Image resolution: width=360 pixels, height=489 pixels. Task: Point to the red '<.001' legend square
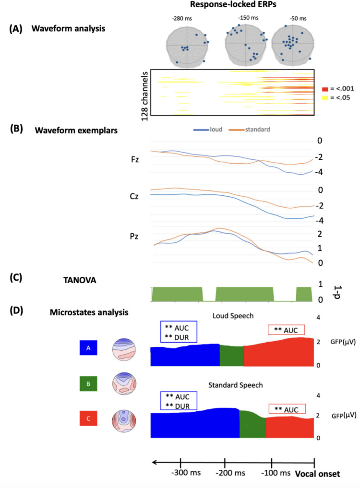tap(325, 89)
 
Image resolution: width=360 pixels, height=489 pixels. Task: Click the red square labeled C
tap(88, 420)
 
